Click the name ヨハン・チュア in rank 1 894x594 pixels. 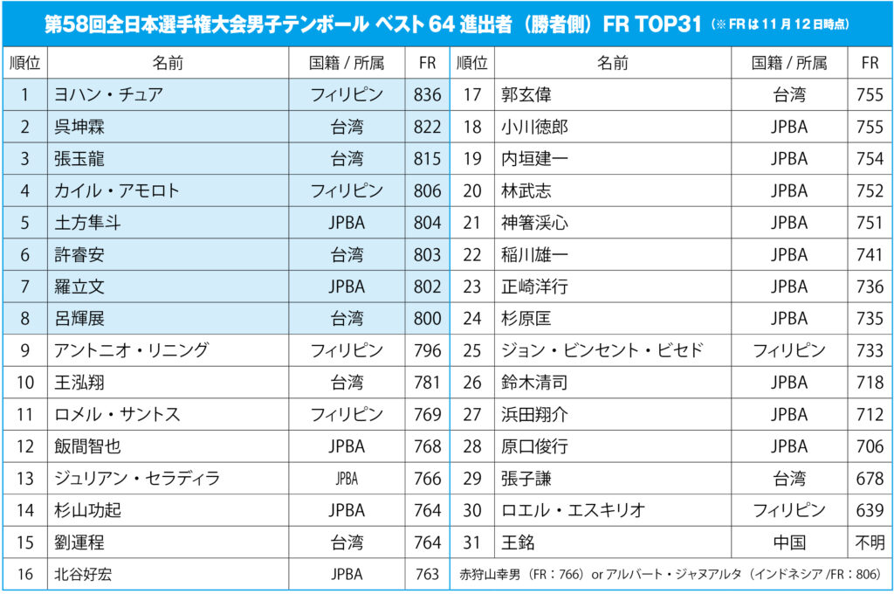click(x=108, y=95)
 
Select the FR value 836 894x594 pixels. click(x=428, y=95)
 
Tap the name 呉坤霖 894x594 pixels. click(x=80, y=128)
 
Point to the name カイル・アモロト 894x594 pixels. click(x=116, y=190)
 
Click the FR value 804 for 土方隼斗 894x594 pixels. click(x=428, y=223)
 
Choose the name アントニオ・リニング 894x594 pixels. click(x=131, y=350)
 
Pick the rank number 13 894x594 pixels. click(x=25, y=478)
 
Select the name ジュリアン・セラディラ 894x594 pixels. click(x=136, y=478)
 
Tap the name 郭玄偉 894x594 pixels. click(x=526, y=95)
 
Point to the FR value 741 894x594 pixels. click(x=870, y=254)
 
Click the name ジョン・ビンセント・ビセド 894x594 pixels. click(x=602, y=350)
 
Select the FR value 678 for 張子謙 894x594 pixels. click(x=870, y=478)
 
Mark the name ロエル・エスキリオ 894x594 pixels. click(x=573, y=510)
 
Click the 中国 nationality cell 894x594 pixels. click(x=789, y=542)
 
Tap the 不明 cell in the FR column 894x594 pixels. click(x=870, y=542)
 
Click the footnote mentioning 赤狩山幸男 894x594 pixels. click(x=669, y=575)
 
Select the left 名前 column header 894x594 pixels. click(x=168, y=63)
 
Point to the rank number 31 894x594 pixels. click(x=472, y=542)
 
